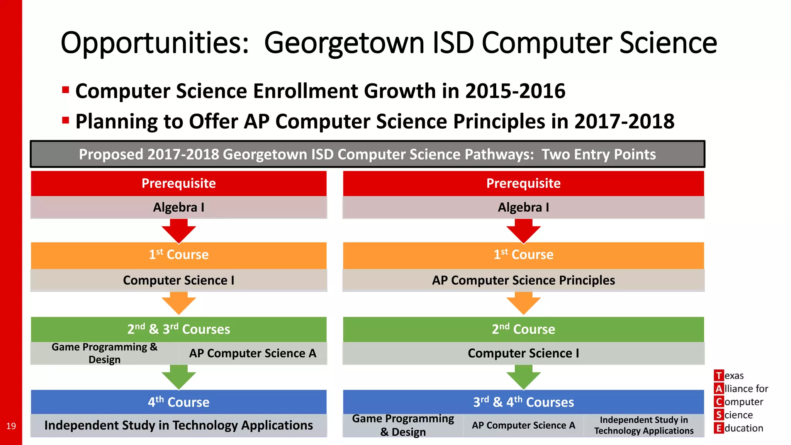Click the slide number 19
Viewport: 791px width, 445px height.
11,426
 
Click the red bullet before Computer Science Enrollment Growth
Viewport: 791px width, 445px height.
65,90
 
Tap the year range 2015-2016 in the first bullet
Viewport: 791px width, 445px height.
515,91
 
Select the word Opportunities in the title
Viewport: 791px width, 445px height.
154,43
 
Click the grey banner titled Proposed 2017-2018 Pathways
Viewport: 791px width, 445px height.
367,154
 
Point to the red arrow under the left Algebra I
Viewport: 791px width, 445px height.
178,231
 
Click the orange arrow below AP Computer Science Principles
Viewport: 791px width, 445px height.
523,303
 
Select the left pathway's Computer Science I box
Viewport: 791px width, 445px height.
178,280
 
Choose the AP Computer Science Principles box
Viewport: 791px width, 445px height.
523,280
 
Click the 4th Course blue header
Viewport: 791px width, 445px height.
178,402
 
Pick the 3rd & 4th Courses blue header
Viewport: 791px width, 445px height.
523,402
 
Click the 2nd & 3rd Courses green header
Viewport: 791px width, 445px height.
178,329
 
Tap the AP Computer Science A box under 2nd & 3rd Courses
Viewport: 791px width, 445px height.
253,353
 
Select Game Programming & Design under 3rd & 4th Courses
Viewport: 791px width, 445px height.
403,425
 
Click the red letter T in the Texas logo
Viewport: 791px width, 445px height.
718,375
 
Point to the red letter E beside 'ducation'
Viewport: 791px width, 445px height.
718,428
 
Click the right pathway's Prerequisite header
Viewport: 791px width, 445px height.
523,183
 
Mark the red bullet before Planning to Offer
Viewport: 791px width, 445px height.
65,121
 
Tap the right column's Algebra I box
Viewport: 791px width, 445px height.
523,207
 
